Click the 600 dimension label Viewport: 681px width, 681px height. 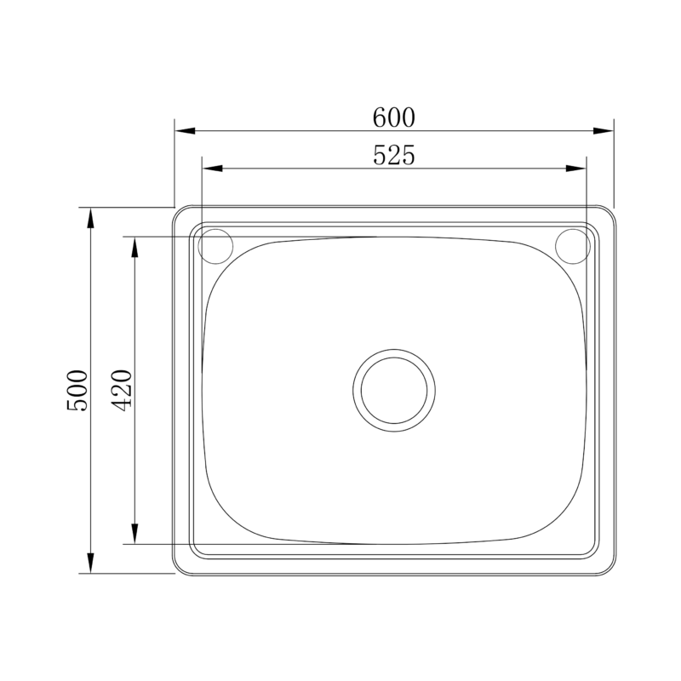393,117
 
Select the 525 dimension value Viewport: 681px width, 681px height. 393,155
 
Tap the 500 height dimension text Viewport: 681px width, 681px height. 77,390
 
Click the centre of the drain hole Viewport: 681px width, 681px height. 393,390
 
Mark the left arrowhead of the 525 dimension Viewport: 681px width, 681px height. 212,169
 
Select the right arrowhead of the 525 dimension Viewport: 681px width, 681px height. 576,169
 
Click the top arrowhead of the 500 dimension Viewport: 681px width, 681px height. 90,218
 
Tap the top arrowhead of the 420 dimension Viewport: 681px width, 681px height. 134,247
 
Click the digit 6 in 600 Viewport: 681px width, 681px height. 379,117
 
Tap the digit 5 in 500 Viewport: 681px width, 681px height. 77,405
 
